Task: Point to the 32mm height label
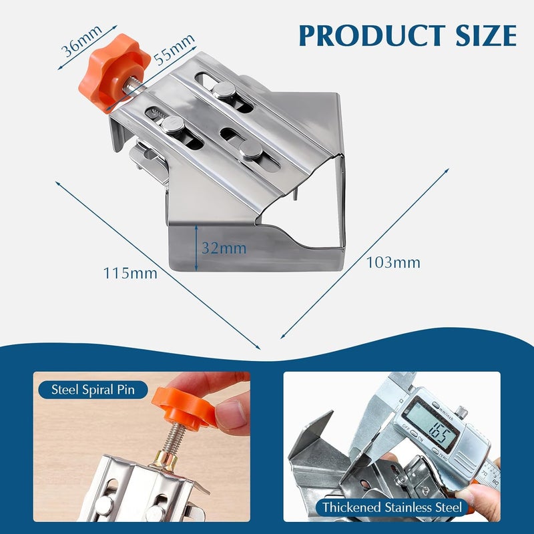click(x=224, y=248)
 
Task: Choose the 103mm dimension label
click(x=393, y=262)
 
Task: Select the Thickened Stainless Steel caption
click(x=392, y=507)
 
